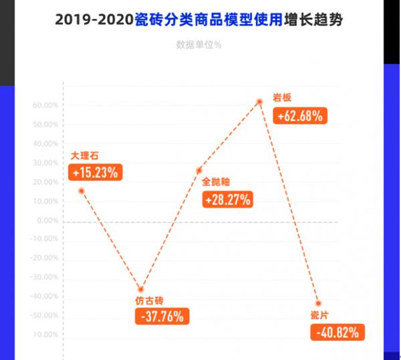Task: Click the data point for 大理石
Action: pyautogui.click(x=82, y=191)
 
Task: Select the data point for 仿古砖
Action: pyautogui.click(x=140, y=289)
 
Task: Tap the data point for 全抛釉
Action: pyautogui.click(x=198, y=171)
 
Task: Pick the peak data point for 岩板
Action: pyautogui.click(x=259, y=102)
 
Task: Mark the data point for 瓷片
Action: pyautogui.click(x=318, y=303)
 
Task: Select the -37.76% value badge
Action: pyautogui.click(x=162, y=317)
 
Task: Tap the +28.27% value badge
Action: pyautogui.click(x=228, y=199)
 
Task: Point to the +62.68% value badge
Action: pyautogui.click(x=300, y=116)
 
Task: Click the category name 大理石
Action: pyautogui.click(x=85, y=156)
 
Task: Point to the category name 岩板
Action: pyautogui.click(x=283, y=98)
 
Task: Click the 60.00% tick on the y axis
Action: pyautogui.click(x=45, y=106)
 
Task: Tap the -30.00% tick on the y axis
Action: pyautogui.click(x=45, y=277)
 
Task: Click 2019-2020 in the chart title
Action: pyautogui.click(x=94, y=20)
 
